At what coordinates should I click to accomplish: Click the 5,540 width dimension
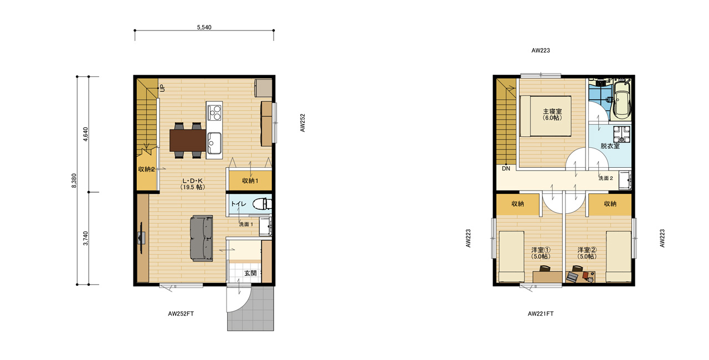pos(204,27)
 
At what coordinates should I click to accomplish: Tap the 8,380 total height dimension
pos(74,181)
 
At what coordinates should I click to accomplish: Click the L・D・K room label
pos(192,181)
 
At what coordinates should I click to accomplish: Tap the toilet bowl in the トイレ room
pos(260,204)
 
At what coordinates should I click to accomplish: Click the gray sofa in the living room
pos(201,238)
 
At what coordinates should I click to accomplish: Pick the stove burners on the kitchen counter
pos(214,114)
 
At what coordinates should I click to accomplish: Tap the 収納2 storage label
pos(146,169)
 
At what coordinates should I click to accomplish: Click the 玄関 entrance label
pos(250,273)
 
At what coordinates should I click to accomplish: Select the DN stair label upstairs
pos(506,168)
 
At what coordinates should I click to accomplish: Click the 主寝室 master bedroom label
pos(552,111)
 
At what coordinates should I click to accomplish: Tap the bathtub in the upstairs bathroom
pos(621,100)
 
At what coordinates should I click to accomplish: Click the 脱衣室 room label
pos(610,146)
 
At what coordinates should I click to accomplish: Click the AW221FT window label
pos(541,313)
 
